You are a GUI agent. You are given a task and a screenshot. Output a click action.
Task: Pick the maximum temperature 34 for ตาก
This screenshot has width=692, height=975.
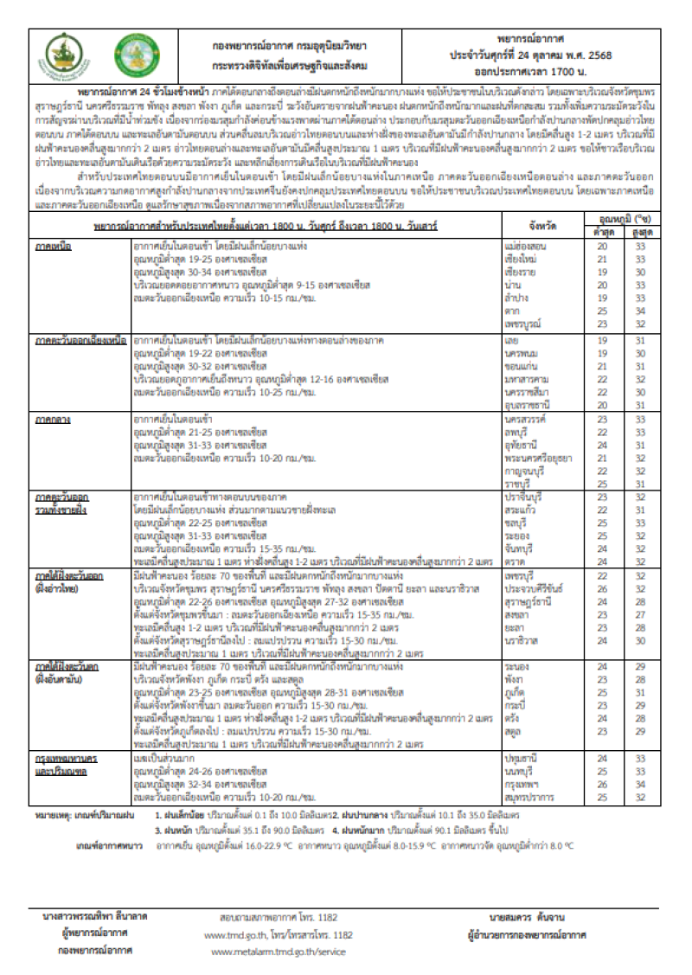[x=638, y=310]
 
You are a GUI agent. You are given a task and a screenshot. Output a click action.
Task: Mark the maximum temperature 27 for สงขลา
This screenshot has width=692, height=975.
[x=638, y=613]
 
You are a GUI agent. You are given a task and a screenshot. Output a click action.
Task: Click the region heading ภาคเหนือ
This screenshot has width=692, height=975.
[x=54, y=247]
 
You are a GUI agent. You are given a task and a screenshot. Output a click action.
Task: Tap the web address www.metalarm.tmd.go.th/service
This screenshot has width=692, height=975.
[x=278, y=952]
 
